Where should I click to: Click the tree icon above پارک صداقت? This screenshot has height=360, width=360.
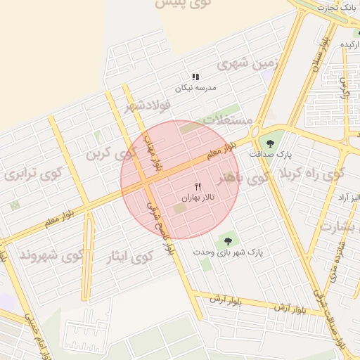tap(271, 143)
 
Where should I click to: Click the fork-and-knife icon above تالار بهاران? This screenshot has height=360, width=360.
tap(197, 186)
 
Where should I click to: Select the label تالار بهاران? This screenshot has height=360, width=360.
tap(198, 198)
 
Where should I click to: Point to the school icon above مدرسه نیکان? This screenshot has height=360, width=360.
tap(195, 77)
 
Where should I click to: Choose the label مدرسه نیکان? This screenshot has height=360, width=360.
tap(197, 88)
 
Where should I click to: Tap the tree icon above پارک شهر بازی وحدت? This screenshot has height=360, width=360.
tap(226, 240)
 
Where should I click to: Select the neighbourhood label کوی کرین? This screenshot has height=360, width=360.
tap(110, 153)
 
